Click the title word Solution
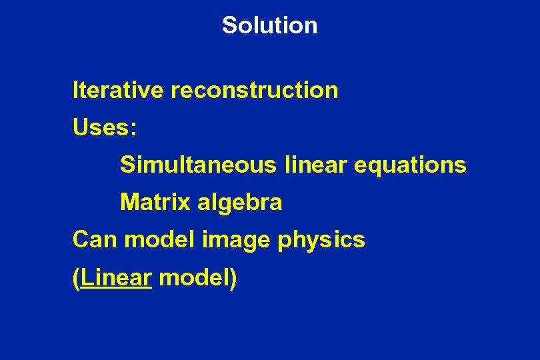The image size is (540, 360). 270,25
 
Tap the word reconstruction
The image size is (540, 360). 255,89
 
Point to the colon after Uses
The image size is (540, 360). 134,129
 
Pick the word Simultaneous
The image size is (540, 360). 198,164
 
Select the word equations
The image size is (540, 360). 409,165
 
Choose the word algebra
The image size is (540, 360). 239,203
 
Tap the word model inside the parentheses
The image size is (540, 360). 194,277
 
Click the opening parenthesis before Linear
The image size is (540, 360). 77,278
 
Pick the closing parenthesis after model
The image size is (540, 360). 233,278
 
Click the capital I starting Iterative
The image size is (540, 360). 75,89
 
